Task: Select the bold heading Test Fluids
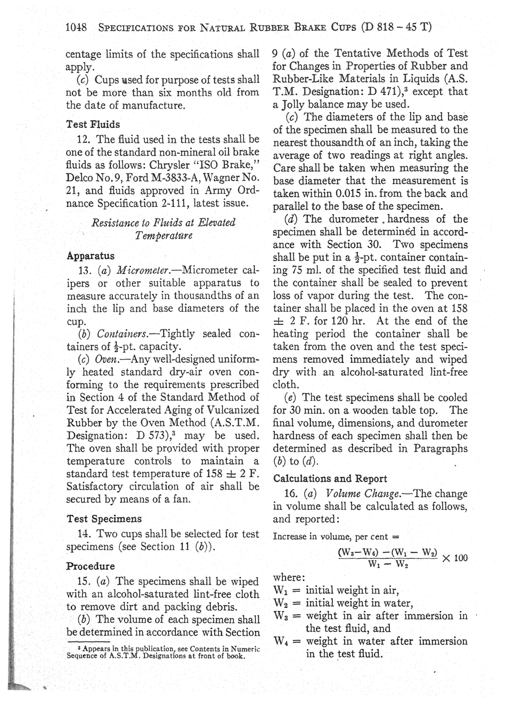coord(93,124)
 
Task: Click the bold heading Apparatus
coord(91,256)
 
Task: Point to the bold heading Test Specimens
coord(104,518)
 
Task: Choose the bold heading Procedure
coord(91,566)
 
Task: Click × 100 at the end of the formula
coord(454,557)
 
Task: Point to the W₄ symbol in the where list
coord(282,641)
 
